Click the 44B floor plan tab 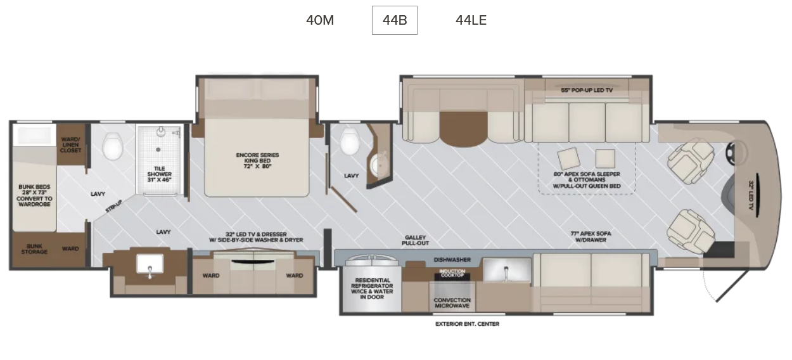tap(395, 20)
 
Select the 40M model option tap(320, 20)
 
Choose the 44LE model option tap(471, 20)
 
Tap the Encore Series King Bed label tap(257, 160)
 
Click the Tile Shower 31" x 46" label tap(160, 174)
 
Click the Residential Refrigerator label tap(372, 288)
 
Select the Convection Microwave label tap(452, 303)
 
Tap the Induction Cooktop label tap(452, 273)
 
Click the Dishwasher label tap(452, 260)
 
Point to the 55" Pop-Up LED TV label tap(587, 90)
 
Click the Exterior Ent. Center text tap(467, 324)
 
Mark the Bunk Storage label tap(34, 249)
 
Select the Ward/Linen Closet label tap(71, 145)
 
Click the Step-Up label tap(114, 206)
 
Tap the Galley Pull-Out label tap(416, 240)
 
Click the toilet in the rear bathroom tap(113, 146)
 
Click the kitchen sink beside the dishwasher tap(507, 270)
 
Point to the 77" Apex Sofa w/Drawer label tap(591, 236)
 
